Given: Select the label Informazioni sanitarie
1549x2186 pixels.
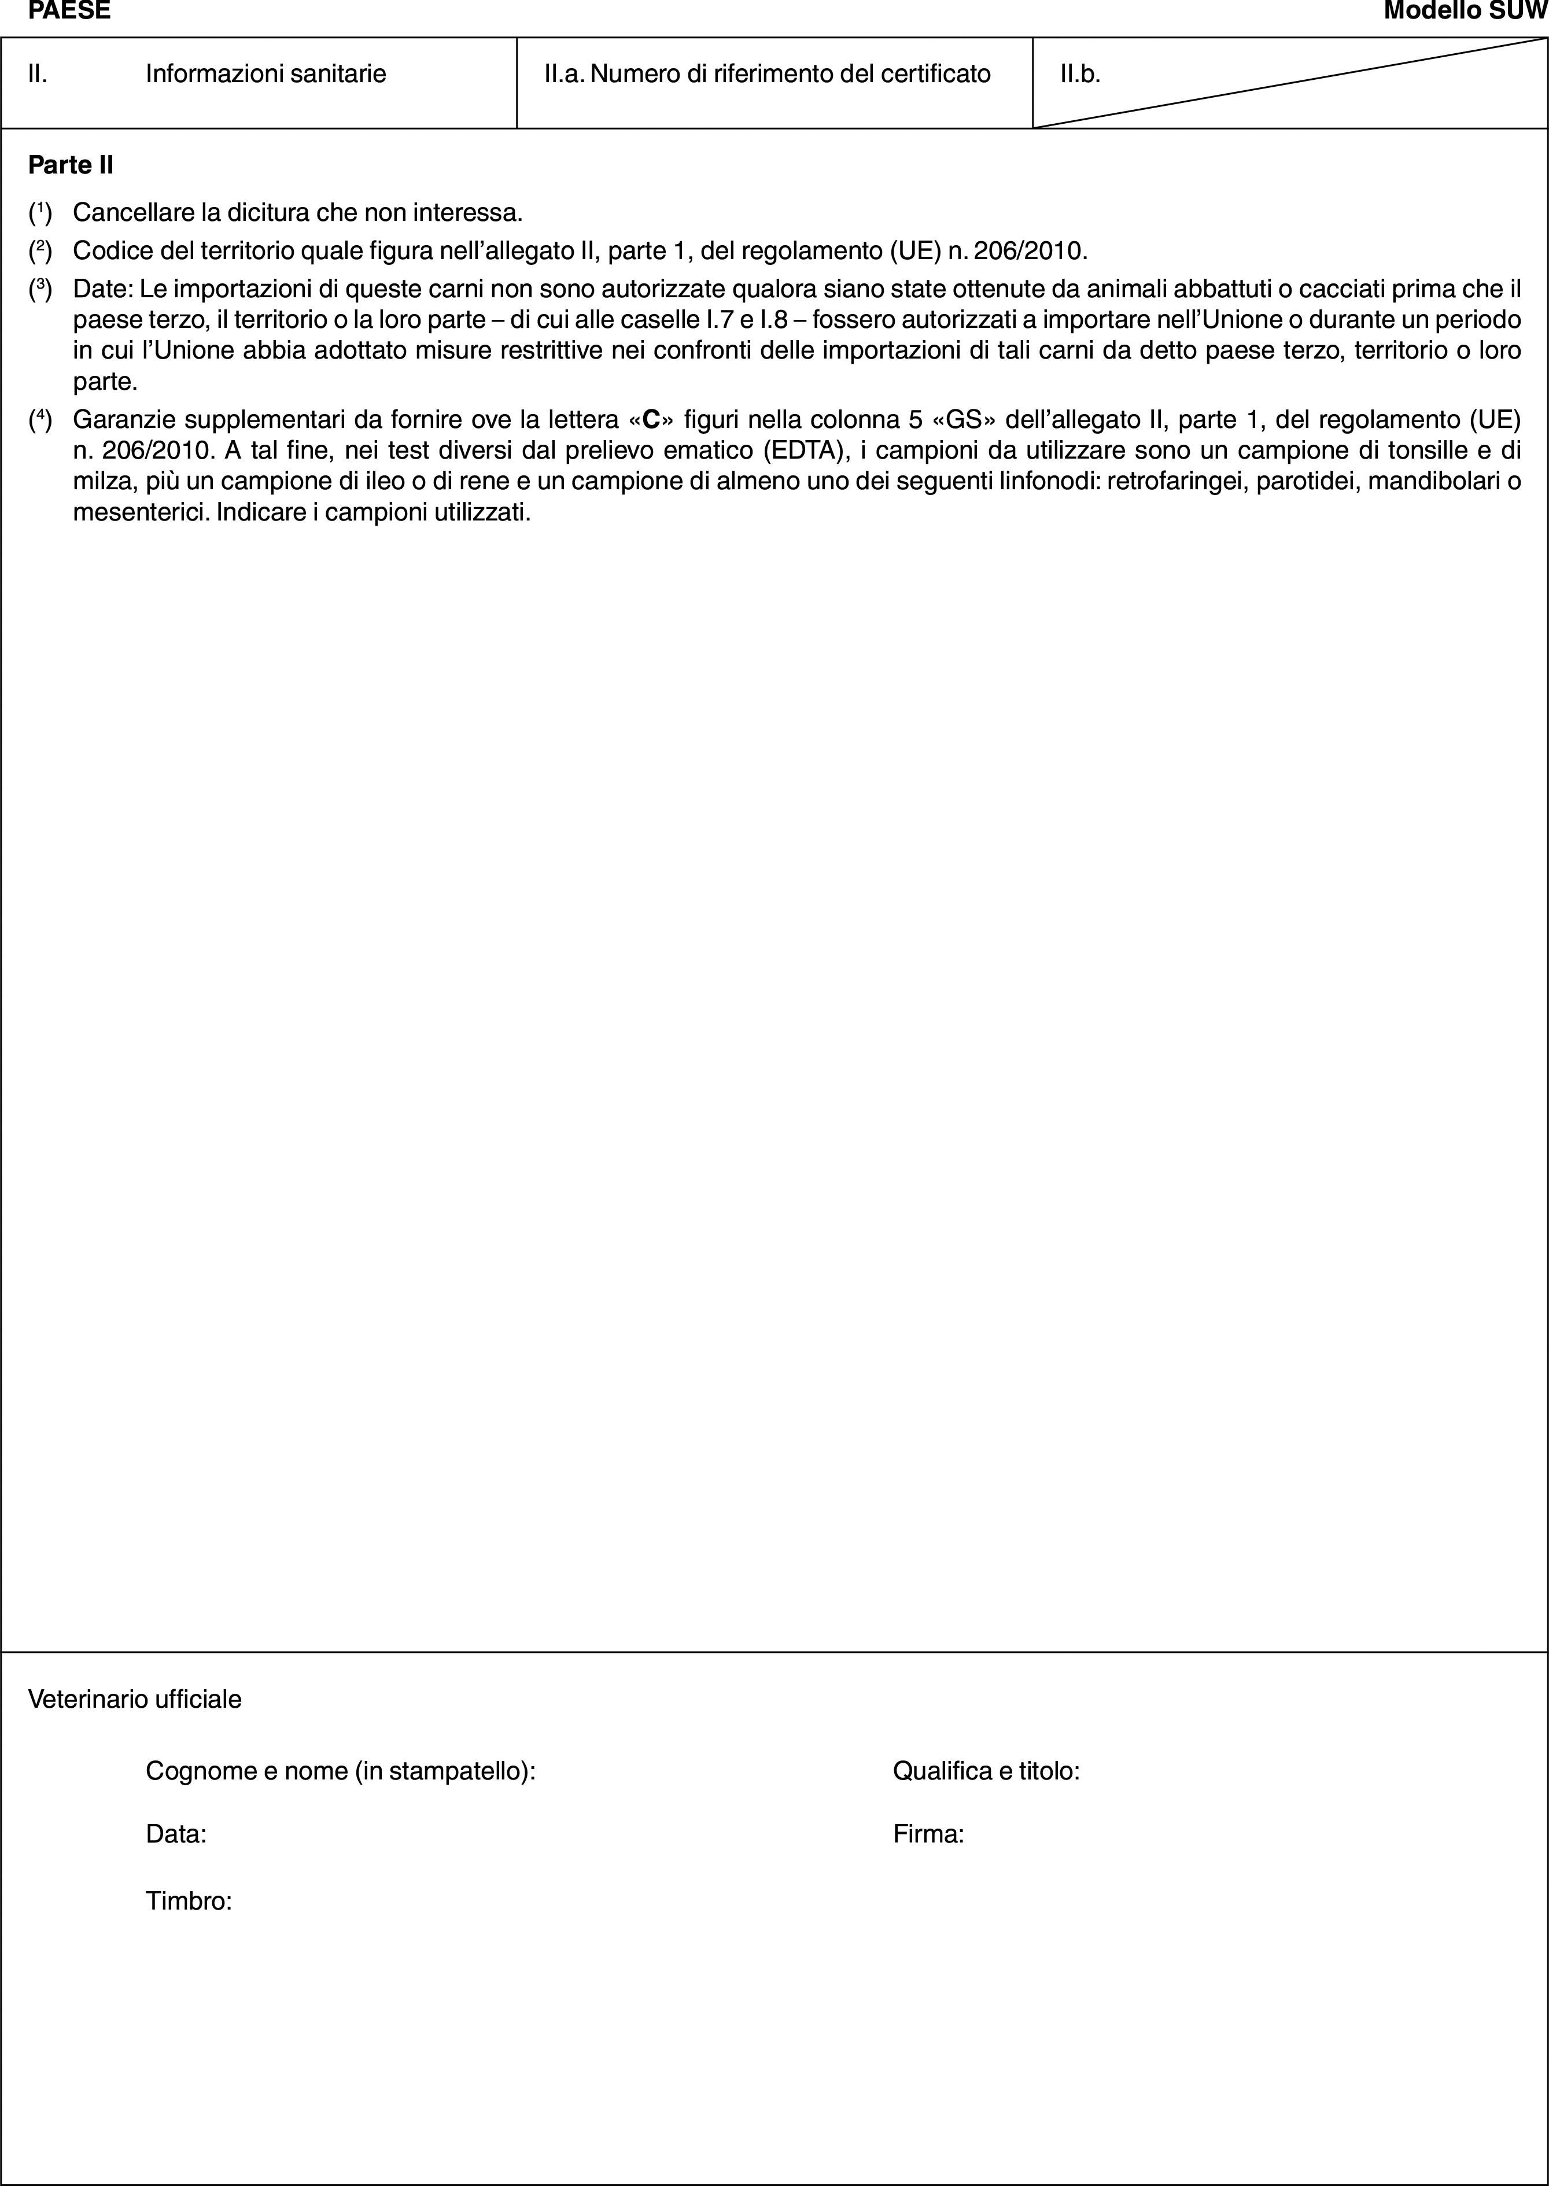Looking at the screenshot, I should pyautogui.click(x=265, y=73).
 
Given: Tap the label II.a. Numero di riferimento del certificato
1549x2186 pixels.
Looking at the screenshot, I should pyautogui.click(x=766, y=73).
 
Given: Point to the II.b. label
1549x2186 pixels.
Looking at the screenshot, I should pyautogui.click(x=1080, y=73).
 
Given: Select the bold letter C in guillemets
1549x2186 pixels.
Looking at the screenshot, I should pyautogui.click(x=652, y=420).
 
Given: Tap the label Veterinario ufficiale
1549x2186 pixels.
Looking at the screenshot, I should pyautogui.click(x=135, y=1698).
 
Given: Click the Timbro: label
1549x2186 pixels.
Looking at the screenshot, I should pyautogui.click(x=189, y=1901).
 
